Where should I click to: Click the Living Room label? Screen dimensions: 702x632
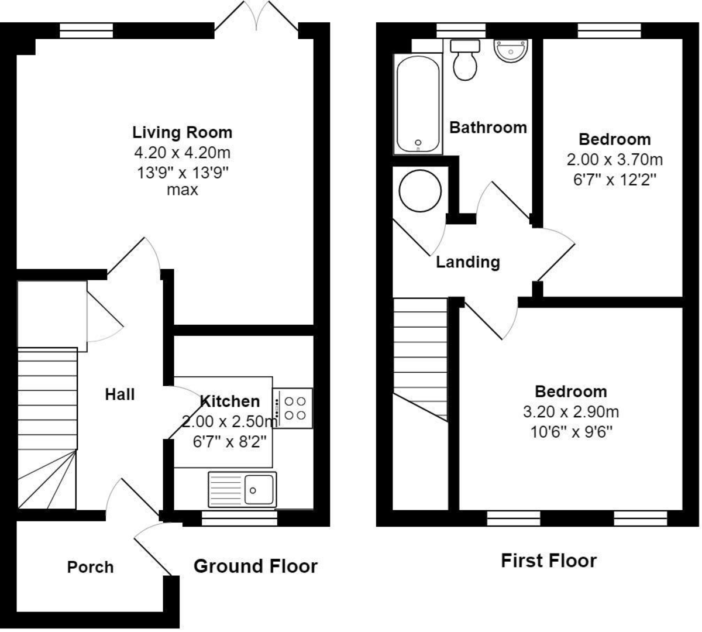[x=183, y=132]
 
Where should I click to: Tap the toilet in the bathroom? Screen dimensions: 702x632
[x=464, y=60]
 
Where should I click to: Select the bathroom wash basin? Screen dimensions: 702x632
[x=511, y=51]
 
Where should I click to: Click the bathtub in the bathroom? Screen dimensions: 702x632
[x=418, y=104]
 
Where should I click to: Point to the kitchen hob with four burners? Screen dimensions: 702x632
[x=292, y=408]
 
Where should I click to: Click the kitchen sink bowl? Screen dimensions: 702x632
[x=259, y=489]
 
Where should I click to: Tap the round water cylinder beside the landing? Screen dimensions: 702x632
[x=420, y=191]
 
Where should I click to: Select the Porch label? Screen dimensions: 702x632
[x=90, y=567]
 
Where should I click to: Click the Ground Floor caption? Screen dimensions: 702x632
[x=256, y=566]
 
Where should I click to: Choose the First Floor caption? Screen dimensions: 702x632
[x=549, y=561]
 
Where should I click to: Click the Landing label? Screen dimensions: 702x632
[x=468, y=262]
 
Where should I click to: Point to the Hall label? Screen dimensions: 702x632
[x=120, y=394]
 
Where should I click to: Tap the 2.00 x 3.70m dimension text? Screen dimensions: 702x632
[x=614, y=160]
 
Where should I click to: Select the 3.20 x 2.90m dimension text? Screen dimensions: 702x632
[x=571, y=412]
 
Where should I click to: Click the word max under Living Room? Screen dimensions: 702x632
[x=183, y=190]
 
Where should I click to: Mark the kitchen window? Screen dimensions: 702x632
[x=239, y=518]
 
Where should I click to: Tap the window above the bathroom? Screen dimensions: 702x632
[x=461, y=30]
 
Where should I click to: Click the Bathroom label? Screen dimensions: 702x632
[x=488, y=128]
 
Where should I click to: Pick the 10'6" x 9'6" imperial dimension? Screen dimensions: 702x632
[x=571, y=432]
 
